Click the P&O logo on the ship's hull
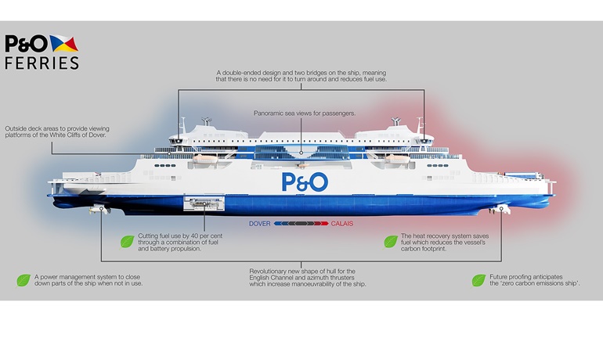[x=305, y=182]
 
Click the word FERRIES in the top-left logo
[x=42, y=63]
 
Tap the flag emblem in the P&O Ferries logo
[x=63, y=44]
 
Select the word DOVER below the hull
[x=260, y=224]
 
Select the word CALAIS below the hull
[x=341, y=224]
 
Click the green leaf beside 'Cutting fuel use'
[x=126, y=242]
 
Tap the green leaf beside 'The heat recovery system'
[x=390, y=242]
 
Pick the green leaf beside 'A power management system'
[x=23, y=280]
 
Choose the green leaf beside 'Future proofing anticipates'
[x=478, y=280]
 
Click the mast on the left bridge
[x=182, y=125]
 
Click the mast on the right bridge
[x=421, y=125]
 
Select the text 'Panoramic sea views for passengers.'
[x=305, y=113]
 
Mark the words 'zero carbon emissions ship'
[x=535, y=283]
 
